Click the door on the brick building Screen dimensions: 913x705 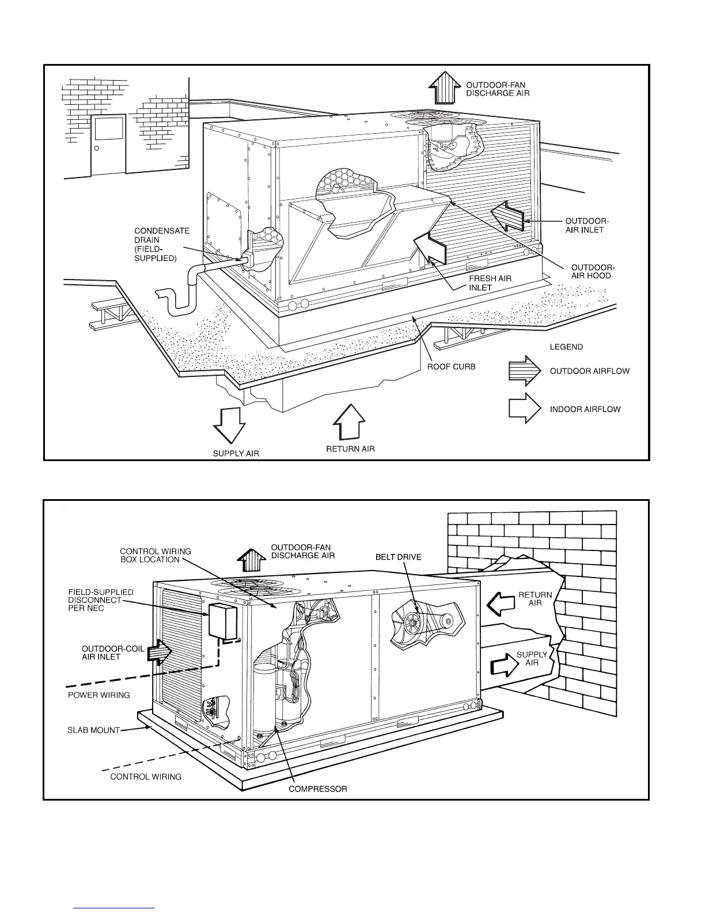(108, 144)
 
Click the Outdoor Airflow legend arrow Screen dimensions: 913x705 (524, 371)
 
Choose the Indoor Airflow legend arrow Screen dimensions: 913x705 (524, 409)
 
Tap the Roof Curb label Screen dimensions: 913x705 (451, 367)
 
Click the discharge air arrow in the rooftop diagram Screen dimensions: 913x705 (442, 87)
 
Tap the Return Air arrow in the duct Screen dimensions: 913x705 (500, 603)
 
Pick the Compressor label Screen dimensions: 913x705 (318, 788)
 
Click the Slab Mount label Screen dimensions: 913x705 (93, 730)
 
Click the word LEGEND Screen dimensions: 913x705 (566, 347)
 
